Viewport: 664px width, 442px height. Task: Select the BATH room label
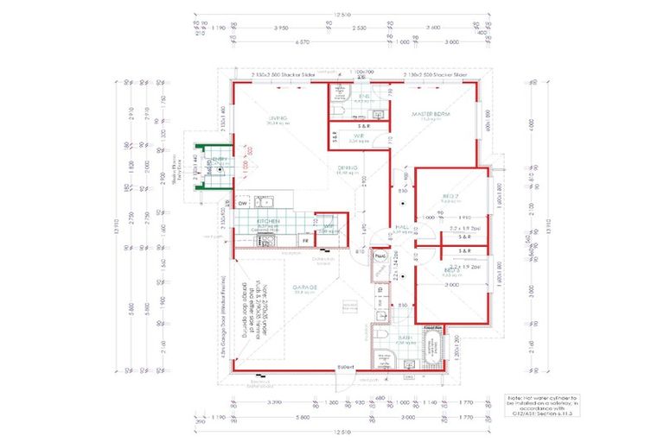(x=404, y=338)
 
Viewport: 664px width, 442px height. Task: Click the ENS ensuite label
(x=364, y=97)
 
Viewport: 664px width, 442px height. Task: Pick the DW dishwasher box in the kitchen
(x=242, y=204)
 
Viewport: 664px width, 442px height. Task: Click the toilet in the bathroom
(x=381, y=335)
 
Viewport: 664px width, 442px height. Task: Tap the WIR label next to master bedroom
(x=358, y=136)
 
